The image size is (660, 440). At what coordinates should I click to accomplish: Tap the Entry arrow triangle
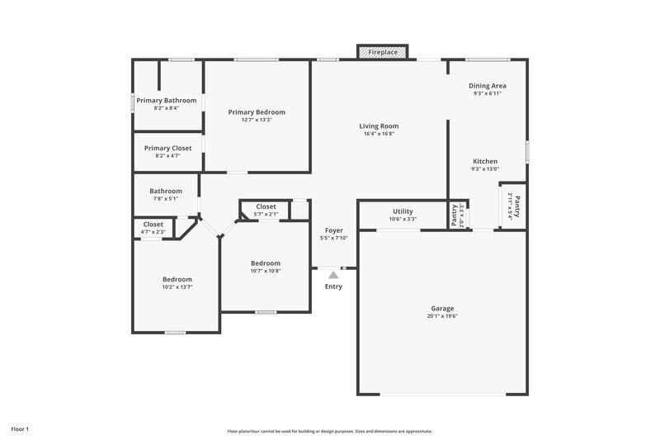pos(333,274)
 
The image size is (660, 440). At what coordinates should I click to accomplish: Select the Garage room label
pos(442,309)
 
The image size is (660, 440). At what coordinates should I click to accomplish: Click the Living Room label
pos(379,126)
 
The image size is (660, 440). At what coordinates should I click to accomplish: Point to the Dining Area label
pos(488,86)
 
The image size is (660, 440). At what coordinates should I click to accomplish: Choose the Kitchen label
pos(485,161)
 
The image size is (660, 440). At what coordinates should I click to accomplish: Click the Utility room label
pos(403,211)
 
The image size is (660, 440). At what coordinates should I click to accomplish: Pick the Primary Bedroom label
pos(257,112)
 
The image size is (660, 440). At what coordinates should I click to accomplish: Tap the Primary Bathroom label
pos(167,101)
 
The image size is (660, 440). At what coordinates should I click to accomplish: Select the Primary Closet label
pos(167,148)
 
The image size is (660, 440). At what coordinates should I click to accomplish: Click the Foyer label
pos(333,230)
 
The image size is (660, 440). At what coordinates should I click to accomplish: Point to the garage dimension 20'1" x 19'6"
pos(442,316)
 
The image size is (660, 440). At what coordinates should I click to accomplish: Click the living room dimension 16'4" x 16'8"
pos(379,134)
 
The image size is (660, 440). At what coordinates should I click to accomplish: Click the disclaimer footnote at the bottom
pos(330,431)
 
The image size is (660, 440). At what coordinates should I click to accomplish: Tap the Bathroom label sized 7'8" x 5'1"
pos(165,191)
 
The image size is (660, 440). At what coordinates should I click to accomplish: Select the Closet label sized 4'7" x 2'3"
pos(153,225)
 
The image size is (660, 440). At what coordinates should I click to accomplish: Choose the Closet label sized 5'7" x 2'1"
pos(266,206)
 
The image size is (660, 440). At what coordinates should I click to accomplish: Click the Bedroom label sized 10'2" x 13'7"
pos(177,279)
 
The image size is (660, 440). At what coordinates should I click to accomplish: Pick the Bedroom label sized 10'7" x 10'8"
pos(266,263)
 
